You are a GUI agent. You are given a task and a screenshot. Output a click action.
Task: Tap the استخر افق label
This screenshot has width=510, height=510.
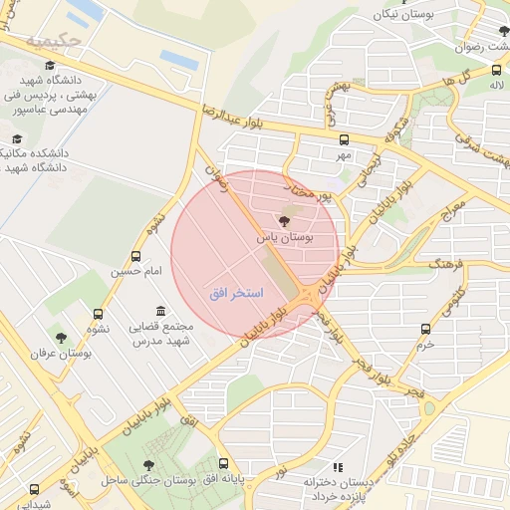coord(236,294)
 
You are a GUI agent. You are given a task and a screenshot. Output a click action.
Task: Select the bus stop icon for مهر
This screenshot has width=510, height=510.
coord(345,139)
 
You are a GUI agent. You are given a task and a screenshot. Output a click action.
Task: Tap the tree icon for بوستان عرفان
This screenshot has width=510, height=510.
coord(61,339)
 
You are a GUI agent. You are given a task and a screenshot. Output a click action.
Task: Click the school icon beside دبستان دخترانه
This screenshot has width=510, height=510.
coord(338,467)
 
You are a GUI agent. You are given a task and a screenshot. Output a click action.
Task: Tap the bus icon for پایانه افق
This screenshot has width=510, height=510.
coord(223,464)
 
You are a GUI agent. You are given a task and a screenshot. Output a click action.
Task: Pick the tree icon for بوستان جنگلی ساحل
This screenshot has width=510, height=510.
coord(148,465)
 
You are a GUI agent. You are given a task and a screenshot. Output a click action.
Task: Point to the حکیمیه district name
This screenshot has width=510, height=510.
coord(53,43)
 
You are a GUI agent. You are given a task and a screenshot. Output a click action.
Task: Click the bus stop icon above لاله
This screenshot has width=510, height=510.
coord(496,70)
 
